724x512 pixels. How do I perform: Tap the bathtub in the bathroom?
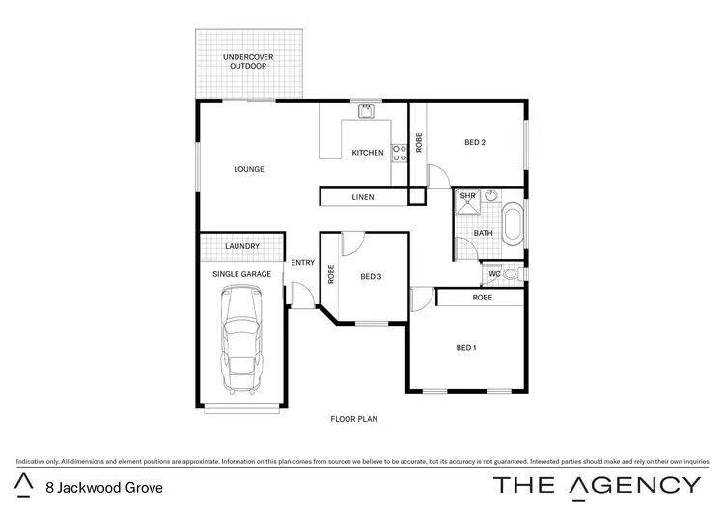point(513,222)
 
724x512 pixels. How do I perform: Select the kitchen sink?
point(367,112)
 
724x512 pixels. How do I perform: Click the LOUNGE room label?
point(249,169)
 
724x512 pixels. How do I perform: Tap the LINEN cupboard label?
point(363,198)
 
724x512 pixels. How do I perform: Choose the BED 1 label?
point(465,347)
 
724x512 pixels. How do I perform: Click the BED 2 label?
point(475,143)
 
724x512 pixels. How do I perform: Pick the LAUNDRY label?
point(241,246)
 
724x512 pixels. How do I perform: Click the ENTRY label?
point(303,262)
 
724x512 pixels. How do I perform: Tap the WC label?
point(495,274)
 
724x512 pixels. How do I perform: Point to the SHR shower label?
point(468,196)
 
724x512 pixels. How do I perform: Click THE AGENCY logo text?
point(598,485)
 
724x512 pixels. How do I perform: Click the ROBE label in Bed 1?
point(482,298)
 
